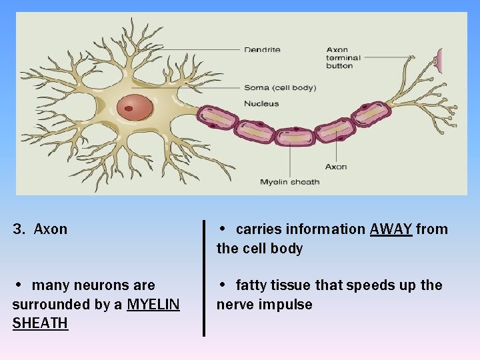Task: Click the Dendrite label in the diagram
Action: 262,49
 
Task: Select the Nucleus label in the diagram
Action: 261,103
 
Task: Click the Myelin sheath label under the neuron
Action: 289,182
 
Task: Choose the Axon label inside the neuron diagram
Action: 336,167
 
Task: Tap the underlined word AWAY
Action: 391,229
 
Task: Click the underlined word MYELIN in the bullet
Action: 153,305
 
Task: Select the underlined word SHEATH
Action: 40,323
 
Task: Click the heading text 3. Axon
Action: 40,229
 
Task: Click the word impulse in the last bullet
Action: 286,305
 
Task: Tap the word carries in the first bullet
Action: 259,229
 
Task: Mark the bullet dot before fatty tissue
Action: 223,285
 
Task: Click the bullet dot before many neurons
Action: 19,285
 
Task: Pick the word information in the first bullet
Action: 326,229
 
